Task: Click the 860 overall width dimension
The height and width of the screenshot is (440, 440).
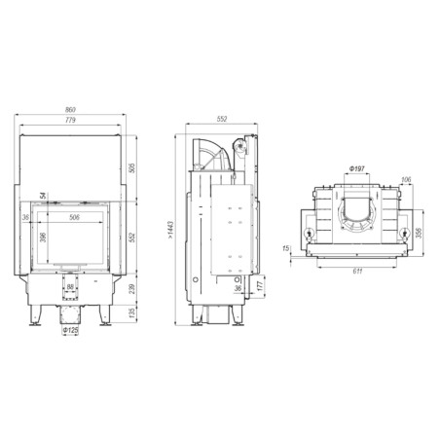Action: point(70,110)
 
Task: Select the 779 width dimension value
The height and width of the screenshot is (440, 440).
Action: point(70,121)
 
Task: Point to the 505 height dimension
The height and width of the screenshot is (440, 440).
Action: point(132,168)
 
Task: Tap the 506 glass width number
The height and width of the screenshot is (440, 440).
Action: point(75,217)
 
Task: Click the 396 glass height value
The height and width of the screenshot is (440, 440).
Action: point(43,238)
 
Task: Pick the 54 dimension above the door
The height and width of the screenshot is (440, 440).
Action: point(43,196)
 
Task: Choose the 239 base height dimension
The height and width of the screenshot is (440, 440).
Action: point(132,289)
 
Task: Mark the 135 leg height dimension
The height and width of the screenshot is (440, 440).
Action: point(132,312)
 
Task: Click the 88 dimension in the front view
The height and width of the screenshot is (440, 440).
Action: point(70,287)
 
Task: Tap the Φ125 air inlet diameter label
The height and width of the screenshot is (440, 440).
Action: point(71,330)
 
